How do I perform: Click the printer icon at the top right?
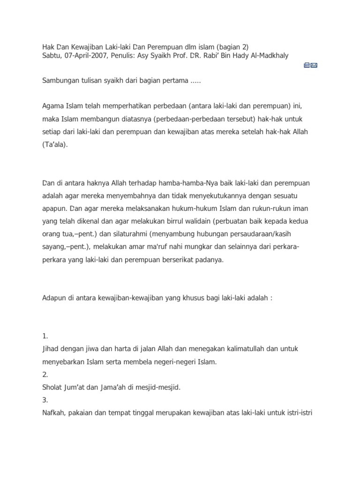pyautogui.click(x=307, y=65)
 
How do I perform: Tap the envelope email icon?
pyautogui.click(x=314, y=65)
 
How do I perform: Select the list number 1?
pyautogui.click(x=45, y=336)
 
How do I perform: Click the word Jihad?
pyautogui.click(x=51, y=349)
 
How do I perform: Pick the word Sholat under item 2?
pyautogui.click(x=52, y=387)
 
